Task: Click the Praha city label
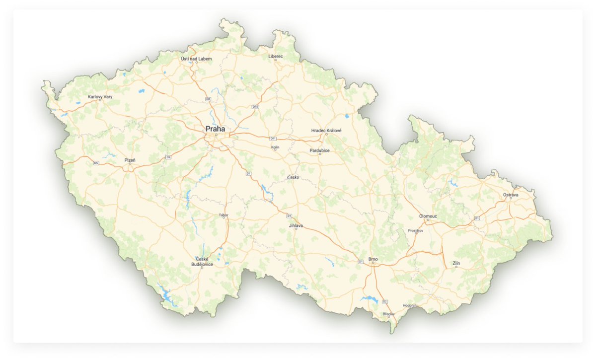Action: click(x=215, y=129)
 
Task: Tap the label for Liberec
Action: click(x=276, y=57)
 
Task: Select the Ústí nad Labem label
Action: click(x=196, y=59)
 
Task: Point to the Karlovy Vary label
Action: click(x=100, y=96)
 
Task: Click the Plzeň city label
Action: click(x=130, y=160)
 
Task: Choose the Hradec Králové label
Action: click(x=326, y=130)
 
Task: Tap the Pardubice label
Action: click(x=320, y=150)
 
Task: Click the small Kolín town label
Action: click(x=276, y=147)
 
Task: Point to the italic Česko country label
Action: click(x=293, y=177)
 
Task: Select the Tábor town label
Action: click(x=223, y=215)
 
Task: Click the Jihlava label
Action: click(x=296, y=225)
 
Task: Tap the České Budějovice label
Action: click(x=202, y=262)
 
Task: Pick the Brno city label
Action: click(x=373, y=259)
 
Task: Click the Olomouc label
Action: click(x=428, y=216)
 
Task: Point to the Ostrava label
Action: click(x=511, y=195)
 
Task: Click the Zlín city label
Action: click(x=456, y=263)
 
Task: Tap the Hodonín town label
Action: click(x=410, y=305)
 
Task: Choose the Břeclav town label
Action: click(x=388, y=314)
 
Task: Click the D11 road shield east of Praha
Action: click(x=273, y=138)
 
